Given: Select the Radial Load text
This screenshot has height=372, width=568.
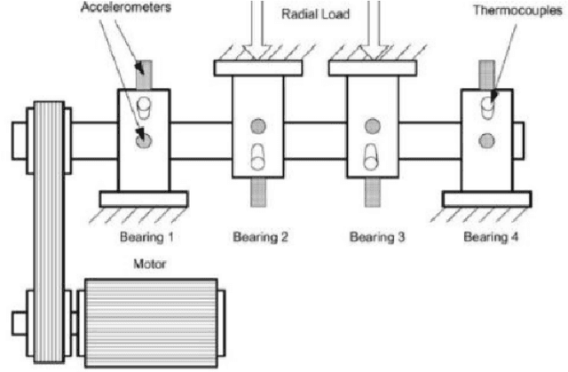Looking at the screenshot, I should pyautogui.click(x=317, y=13).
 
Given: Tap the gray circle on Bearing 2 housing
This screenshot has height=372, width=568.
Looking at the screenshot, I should pyautogui.click(x=258, y=123).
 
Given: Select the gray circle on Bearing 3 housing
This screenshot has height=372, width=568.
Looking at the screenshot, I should pyautogui.click(x=373, y=123).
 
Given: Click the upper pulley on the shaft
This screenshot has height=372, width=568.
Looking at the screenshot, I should pyautogui.click(x=48, y=138).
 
